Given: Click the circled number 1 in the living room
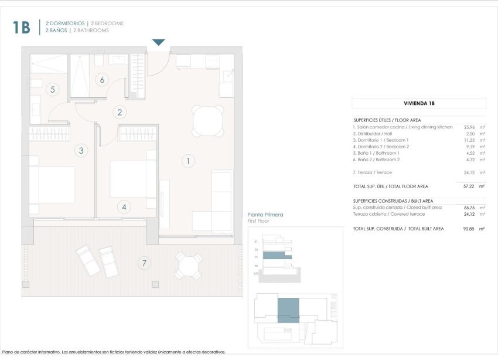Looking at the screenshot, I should [188, 160].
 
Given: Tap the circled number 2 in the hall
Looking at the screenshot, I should [120, 113].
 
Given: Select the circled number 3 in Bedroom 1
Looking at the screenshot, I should [81, 151].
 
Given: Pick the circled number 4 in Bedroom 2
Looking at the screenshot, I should [124, 206].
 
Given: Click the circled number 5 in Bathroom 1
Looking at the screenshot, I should [53, 90].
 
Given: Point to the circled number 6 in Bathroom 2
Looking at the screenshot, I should [102, 80].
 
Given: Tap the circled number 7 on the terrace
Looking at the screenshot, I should [144, 263].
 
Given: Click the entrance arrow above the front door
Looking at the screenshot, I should [159, 42].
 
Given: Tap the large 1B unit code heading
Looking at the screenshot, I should [21, 27].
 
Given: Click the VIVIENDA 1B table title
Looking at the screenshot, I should [419, 103].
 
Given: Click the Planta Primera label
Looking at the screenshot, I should [265, 215].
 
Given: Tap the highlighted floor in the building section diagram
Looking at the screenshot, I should [277, 256].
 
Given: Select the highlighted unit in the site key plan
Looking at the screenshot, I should [288, 310].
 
